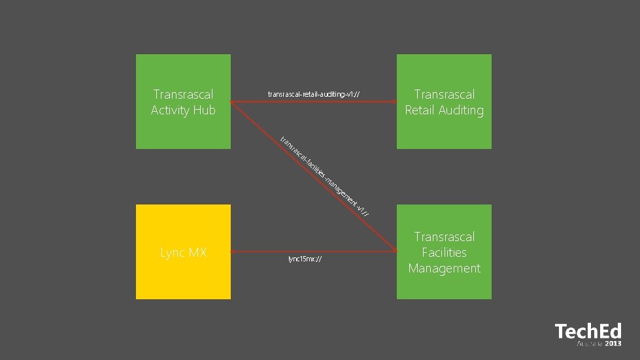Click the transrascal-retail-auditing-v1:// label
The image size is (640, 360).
(314, 95)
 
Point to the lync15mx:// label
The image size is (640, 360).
(305, 259)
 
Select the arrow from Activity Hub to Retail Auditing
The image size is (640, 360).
(314, 101)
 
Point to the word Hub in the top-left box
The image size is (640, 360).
(203, 110)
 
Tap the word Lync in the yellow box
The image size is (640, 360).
(173, 252)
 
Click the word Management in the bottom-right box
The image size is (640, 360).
(444, 268)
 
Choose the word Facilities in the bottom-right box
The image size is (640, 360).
(444, 252)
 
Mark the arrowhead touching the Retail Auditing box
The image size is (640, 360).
(393, 101)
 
